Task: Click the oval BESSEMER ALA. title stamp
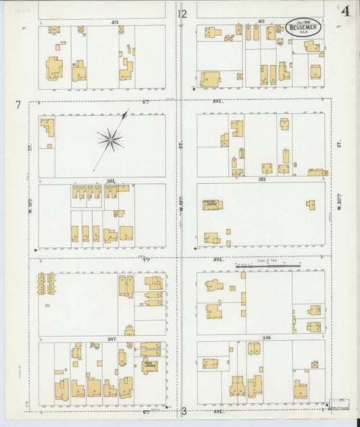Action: click(303, 28)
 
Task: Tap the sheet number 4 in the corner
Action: click(346, 11)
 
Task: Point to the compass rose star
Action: click(110, 141)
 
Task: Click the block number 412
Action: click(115, 22)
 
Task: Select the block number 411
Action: click(261, 22)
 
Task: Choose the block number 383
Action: click(261, 180)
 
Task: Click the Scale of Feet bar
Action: click(268, 266)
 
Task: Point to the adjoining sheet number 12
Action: click(182, 14)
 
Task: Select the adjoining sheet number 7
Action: click(18, 104)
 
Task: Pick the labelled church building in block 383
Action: click(212, 205)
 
